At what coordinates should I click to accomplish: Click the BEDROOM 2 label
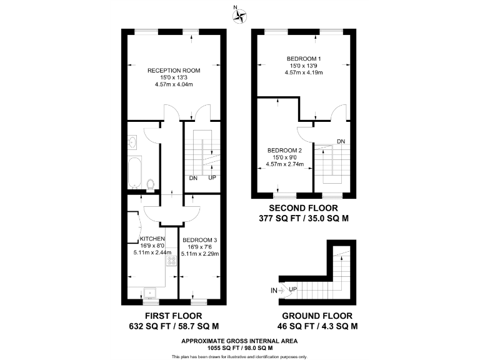click(x=285, y=151)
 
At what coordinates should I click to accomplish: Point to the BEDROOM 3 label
click(x=199, y=239)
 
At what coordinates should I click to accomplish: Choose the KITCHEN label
click(x=152, y=239)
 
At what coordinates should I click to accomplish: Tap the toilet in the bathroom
click(x=151, y=183)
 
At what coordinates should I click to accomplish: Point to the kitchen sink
click(x=150, y=291)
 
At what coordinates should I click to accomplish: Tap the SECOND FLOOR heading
click(x=304, y=208)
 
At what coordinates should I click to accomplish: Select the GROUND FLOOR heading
click(x=317, y=316)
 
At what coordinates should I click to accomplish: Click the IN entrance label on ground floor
click(x=273, y=291)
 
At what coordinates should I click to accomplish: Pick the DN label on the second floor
click(x=341, y=141)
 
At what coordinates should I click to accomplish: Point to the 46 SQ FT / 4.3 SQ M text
click(x=317, y=326)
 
